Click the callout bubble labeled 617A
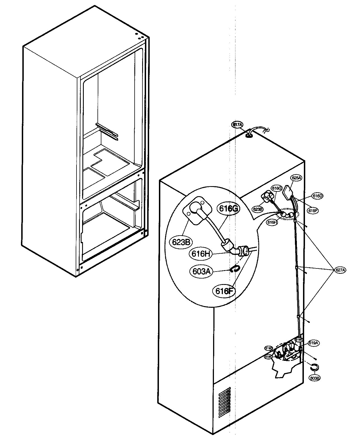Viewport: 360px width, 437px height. point(237,125)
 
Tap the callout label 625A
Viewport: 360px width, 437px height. point(296,177)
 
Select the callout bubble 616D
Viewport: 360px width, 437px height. point(317,196)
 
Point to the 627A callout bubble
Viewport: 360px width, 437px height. point(340,270)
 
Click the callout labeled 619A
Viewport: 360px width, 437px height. point(313,343)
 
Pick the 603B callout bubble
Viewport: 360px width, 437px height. point(315,378)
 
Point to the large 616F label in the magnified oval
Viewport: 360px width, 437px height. point(224,291)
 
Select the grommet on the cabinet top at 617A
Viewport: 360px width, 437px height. point(249,135)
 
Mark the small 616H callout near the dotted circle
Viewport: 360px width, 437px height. point(272,222)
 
